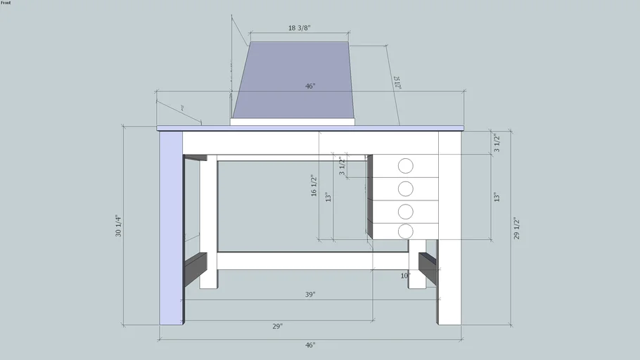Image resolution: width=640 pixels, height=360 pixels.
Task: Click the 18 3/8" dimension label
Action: click(300, 28)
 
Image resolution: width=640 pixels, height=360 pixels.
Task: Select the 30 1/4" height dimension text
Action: click(118, 226)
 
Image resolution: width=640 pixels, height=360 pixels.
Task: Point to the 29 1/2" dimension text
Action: click(516, 228)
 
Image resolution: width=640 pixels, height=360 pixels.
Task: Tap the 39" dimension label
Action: click(310, 295)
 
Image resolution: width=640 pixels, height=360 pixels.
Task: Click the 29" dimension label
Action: click(278, 326)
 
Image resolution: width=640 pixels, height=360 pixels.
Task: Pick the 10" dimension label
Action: click(405, 276)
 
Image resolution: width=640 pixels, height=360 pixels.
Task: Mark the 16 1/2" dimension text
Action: click(314, 186)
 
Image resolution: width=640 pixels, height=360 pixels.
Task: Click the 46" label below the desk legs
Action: click(310, 345)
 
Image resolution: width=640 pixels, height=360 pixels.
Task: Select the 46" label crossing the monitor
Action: click(310, 86)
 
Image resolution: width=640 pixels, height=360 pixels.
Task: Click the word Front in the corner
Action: click(6, 4)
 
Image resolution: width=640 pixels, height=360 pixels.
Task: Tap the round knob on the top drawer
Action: click(405, 166)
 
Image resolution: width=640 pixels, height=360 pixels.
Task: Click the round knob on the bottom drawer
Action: click(405, 231)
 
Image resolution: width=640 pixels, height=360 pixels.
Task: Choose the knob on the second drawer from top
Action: click(405, 188)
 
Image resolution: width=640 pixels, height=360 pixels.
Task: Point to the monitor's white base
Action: click(293, 122)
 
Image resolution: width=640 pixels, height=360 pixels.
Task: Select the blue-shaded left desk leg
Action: click(171, 225)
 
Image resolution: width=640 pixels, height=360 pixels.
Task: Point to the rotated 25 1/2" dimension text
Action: click(397, 82)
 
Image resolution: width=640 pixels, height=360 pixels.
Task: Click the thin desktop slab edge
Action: click(309, 128)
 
